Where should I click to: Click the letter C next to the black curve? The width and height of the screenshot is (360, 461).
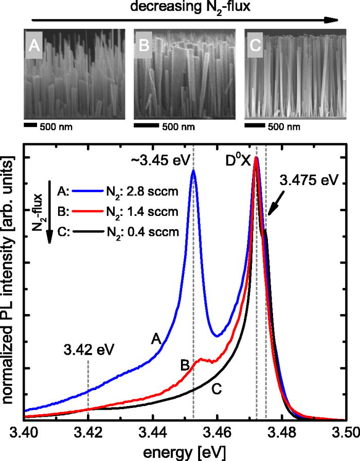tap(217, 389)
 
